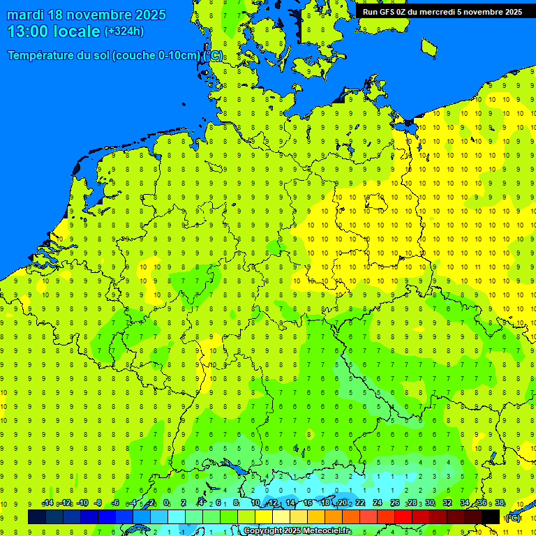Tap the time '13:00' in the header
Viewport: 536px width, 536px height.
tap(30, 31)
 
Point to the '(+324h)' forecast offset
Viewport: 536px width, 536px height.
tap(124, 31)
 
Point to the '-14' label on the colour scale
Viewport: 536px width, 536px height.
tap(47, 503)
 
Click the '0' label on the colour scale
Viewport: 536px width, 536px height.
tap(166, 503)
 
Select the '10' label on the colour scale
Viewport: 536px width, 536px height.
tap(255, 503)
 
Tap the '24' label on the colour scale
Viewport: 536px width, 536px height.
tap(378, 503)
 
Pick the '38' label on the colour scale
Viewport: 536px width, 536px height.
tap(500, 503)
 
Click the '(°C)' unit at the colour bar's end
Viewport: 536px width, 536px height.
tap(512, 518)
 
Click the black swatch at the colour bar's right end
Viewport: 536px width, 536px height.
tap(491, 517)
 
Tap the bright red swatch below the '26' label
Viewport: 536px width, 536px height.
tap(403, 517)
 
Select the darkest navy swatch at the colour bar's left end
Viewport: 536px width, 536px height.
tap(37, 517)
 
